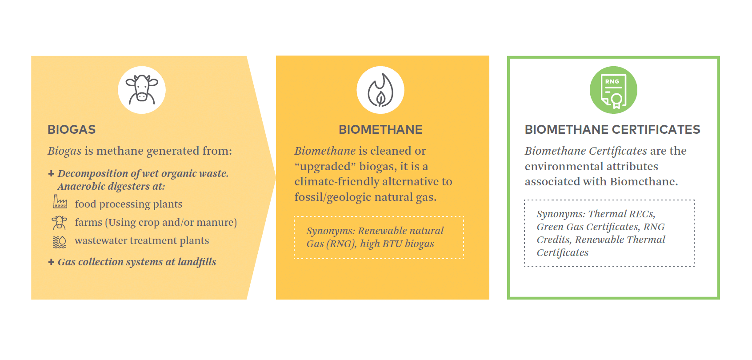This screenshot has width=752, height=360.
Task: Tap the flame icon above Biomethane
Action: [x=380, y=90]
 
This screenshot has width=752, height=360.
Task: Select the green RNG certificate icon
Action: [x=613, y=90]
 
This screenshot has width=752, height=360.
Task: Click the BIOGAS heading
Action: [x=72, y=130]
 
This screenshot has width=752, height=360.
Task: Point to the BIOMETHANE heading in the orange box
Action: [x=380, y=130]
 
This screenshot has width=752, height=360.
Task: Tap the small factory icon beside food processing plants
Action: [x=60, y=202]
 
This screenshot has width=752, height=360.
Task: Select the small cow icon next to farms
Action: [x=60, y=222]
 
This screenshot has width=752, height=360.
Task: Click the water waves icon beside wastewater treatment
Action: [x=60, y=242]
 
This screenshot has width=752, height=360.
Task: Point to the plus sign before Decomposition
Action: [x=51, y=173]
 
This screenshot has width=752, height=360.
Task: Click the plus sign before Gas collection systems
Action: [x=51, y=262]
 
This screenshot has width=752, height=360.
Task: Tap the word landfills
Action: [x=197, y=262]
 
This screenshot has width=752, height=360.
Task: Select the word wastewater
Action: [x=101, y=240]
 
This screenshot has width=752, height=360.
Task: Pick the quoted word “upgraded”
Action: [x=325, y=167]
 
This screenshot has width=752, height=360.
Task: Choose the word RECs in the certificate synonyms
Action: [x=641, y=214]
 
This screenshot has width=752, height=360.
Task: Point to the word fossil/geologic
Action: [x=333, y=197]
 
